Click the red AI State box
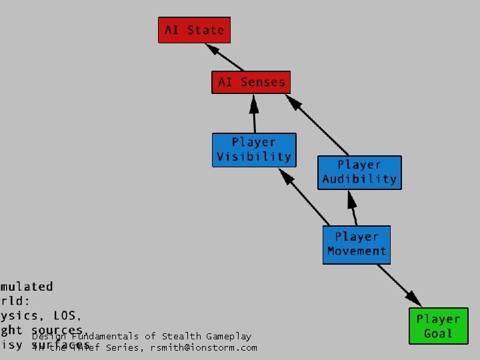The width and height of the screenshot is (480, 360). (x=194, y=30)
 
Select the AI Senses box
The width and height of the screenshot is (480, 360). (x=251, y=82)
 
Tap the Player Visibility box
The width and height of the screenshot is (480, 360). (x=253, y=150)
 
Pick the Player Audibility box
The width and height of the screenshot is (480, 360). (x=359, y=172)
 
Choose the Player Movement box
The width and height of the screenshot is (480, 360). (x=357, y=244)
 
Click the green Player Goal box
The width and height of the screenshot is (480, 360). (x=438, y=326)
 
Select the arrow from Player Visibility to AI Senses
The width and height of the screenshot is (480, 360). (x=253, y=113)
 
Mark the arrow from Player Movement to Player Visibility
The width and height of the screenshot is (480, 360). (x=305, y=196)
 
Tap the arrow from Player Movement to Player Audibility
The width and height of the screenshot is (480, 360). (x=351, y=207)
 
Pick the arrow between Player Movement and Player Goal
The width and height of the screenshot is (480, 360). (x=400, y=286)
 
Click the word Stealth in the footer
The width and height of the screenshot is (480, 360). (x=181, y=337)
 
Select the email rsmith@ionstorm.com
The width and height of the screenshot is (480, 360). (x=203, y=347)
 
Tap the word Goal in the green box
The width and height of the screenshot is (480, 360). (x=438, y=333)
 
